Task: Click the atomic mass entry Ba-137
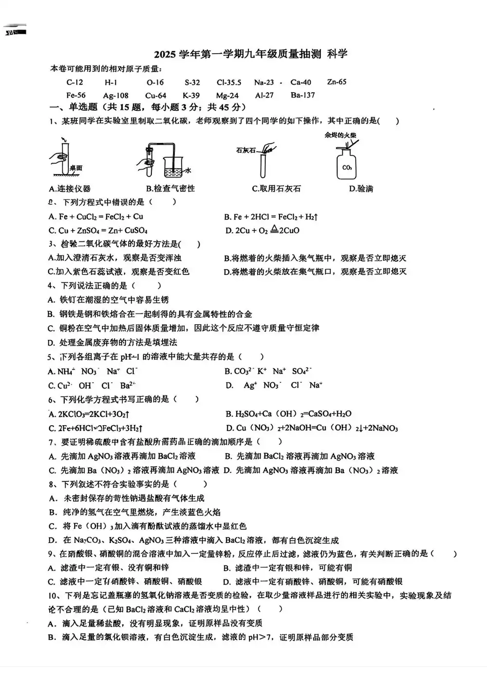coord(302,95)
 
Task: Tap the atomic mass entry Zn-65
coord(337,82)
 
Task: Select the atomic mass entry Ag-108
coord(116,96)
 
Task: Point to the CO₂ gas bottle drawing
coord(347,164)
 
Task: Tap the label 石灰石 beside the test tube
coord(245,151)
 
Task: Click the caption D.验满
coord(361,189)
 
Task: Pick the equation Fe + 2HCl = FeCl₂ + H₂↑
coord(271,217)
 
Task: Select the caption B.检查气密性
coord(170,189)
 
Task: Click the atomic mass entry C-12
coord(75,82)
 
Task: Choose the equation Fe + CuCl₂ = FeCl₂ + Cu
coord(96,217)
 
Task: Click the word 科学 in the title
coord(337,54)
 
